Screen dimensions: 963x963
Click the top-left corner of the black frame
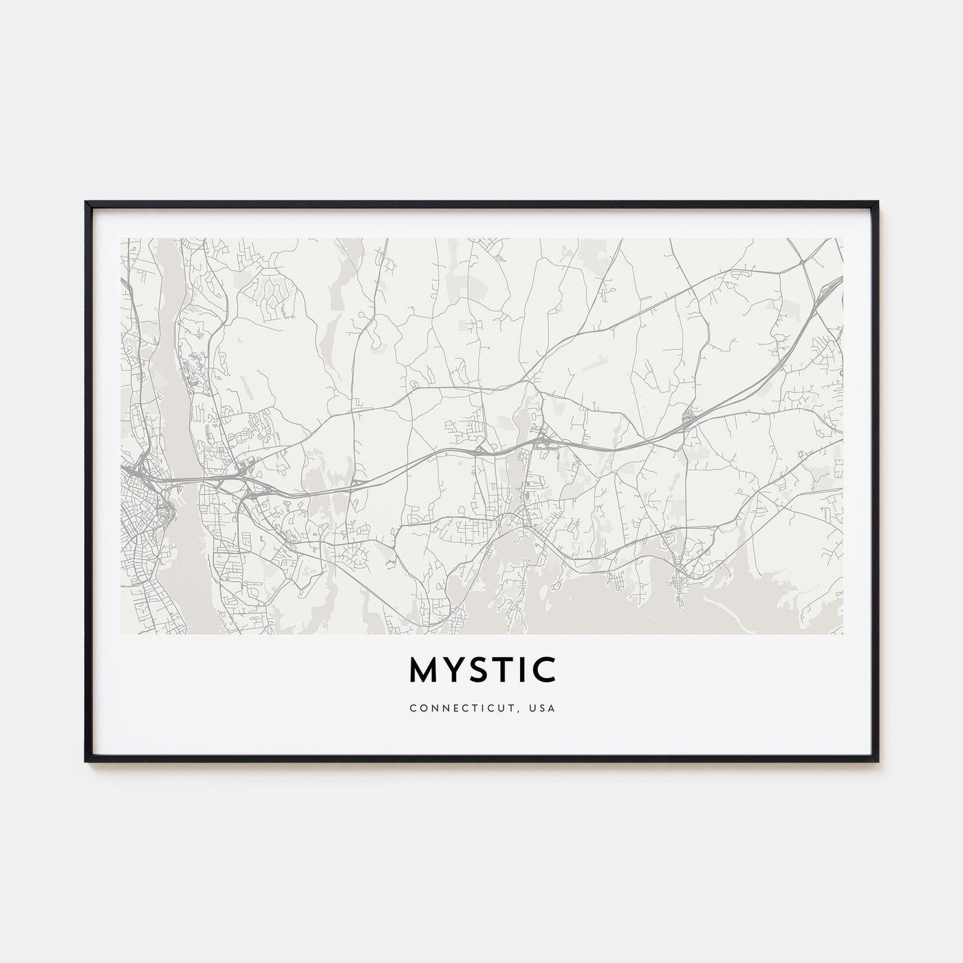tap(86, 202)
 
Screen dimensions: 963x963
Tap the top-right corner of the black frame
tap(878, 202)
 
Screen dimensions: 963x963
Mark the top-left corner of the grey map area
tap(121, 239)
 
